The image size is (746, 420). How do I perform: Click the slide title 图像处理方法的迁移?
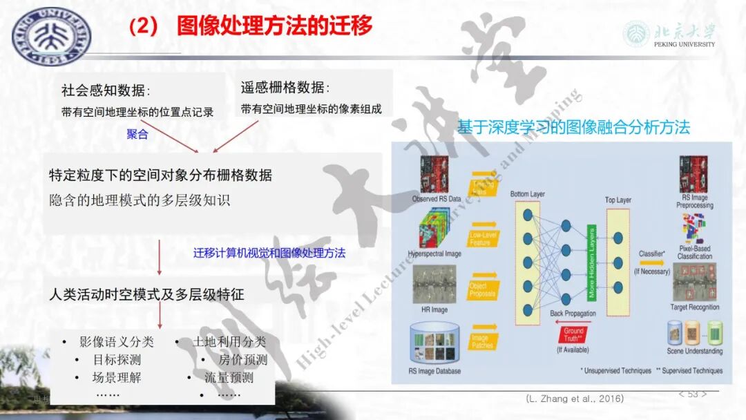[x=274, y=26]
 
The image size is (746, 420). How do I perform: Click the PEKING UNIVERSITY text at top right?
[x=684, y=44]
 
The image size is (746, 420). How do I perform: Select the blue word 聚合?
[x=137, y=135]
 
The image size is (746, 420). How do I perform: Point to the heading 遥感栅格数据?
[x=285, y=88]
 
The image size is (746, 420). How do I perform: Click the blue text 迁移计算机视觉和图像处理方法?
[x=269, y=253]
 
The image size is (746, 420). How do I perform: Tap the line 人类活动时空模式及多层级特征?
[x=146, y=295]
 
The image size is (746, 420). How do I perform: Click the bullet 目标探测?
[x=117, y=360]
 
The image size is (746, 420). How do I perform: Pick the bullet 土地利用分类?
[x=229, y=342]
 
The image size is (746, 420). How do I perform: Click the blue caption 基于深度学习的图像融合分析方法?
[x=573, y=127]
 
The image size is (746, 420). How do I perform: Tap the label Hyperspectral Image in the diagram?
[x=434, y=254]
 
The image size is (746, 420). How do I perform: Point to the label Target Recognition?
[x=694, y=307]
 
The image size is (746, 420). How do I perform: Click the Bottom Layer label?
[x=528, y=194]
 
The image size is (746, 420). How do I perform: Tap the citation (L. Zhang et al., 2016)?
[x=574, y=399]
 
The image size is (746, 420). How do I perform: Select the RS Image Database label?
[x=435, y=371]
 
